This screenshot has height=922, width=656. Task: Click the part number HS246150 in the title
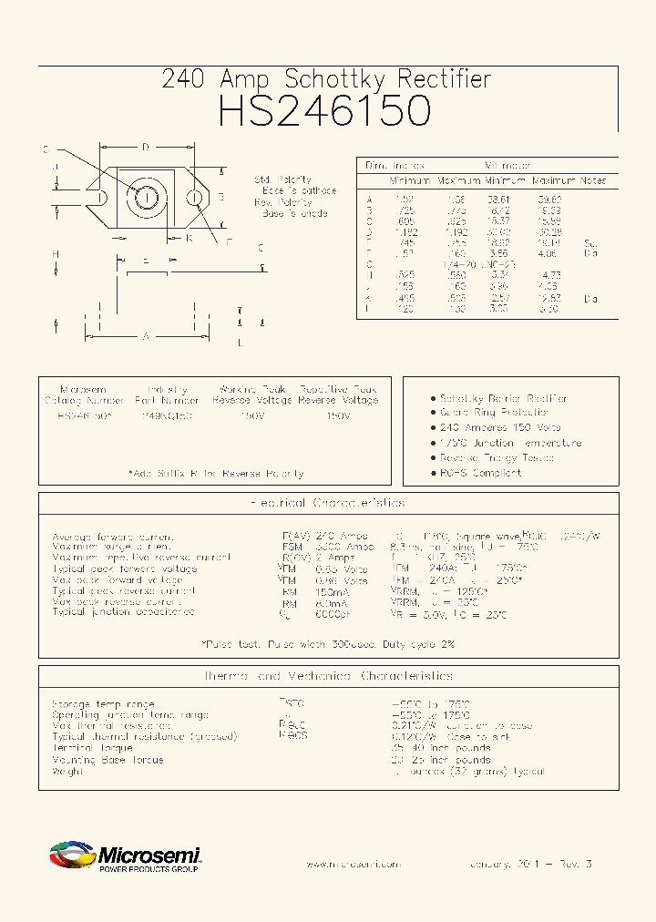coord(326,111)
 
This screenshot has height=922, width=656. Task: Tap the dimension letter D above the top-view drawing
coord(146,147)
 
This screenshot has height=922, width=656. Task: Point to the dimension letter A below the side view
coord(145,336)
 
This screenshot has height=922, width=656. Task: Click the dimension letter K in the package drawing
coord(189,238)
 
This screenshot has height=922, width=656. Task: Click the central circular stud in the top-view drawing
coord(146,197)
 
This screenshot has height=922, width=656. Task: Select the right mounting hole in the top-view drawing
coord(193,197)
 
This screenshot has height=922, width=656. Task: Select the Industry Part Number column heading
coord(167,394)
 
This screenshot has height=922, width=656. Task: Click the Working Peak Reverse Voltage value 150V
coord(251,415)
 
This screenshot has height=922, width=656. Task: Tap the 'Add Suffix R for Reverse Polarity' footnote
coord(216,474)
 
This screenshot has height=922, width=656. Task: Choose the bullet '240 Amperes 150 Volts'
coord(500,427)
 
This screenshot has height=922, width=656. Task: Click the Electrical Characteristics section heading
coord(327,503)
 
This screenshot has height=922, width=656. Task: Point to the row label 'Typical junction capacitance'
coord(123,612)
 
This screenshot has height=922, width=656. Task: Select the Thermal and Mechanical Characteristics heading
coord(327,676)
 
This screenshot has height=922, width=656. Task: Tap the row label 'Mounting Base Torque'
coord(108,760)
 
